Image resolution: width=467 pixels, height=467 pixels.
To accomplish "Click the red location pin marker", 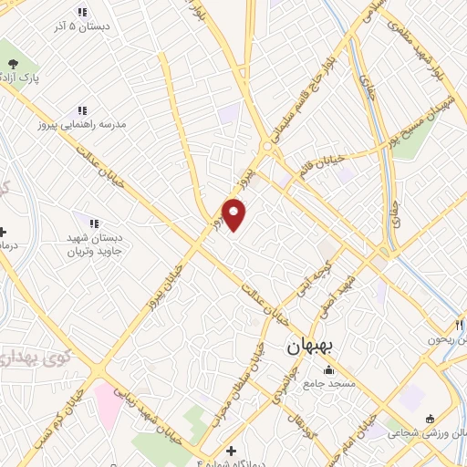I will tap(234, 213).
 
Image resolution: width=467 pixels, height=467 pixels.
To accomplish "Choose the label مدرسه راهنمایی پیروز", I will tap(82, 122).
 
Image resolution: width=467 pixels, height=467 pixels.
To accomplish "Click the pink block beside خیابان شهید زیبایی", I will tap(108, 405).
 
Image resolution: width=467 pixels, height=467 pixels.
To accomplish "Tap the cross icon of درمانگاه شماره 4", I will tap(231, 451).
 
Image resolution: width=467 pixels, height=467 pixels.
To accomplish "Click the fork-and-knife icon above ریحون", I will tap(460, 325).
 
